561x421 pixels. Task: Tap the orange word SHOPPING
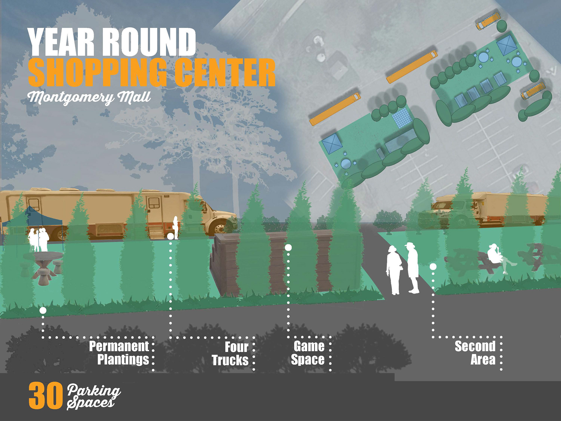(x=97, y=72)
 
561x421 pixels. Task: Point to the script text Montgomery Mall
(x=89, y=97)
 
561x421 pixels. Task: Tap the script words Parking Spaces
(x=93, y=396)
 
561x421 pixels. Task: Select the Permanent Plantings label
(x=120, y=353)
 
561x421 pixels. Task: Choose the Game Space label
(x=308, y=353)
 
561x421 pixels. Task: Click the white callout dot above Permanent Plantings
(x=43, y=310)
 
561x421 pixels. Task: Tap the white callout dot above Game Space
(x=288, y=248)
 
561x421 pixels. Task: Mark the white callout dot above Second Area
(x=433, y=267)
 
